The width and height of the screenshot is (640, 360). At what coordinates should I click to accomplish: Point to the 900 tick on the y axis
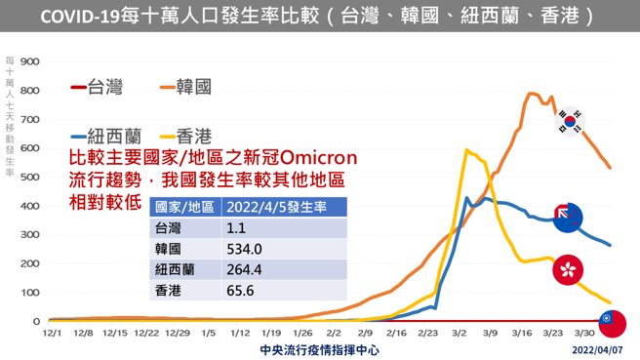point(29,62)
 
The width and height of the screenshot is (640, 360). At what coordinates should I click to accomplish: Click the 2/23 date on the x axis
point(428,334)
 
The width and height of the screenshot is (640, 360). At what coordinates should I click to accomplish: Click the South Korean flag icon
point(570,120)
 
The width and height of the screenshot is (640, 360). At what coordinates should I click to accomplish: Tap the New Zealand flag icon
point(567,218)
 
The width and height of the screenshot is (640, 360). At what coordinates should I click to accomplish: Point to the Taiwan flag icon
point(612,323)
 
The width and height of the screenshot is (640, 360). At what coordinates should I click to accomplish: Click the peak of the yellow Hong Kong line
point(467,149)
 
